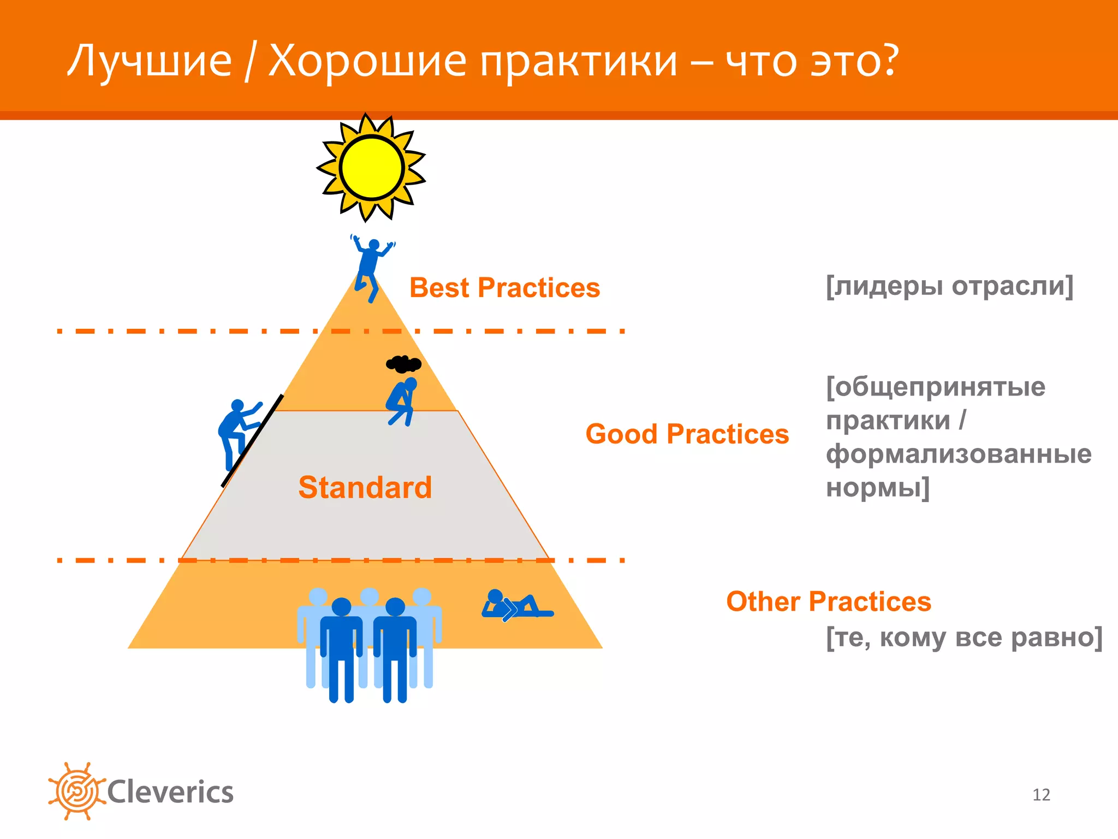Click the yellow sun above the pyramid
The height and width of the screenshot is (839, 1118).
[371, 168]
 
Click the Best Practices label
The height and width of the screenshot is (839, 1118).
[504, 288]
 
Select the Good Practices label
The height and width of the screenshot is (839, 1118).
[687, 434]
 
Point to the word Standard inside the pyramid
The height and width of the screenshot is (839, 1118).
[365, 487]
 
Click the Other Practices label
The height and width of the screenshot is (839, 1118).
[828, 601]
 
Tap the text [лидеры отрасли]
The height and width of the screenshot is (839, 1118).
[949, 286]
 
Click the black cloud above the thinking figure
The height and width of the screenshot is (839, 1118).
[403, 364]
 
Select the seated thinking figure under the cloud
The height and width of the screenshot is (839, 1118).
[402, 401]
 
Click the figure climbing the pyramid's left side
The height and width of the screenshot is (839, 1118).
[236, 432]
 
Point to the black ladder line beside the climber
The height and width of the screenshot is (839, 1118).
[253, 440]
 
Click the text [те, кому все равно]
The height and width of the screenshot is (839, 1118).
[964, 637]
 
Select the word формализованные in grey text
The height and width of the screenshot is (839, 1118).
[959, 454]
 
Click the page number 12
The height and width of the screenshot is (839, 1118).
[1041, 795]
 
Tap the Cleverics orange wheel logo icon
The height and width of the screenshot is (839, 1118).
[76, 791]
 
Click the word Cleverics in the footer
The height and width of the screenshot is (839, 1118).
[170, 792]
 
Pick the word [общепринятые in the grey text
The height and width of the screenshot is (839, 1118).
[936, 387]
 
